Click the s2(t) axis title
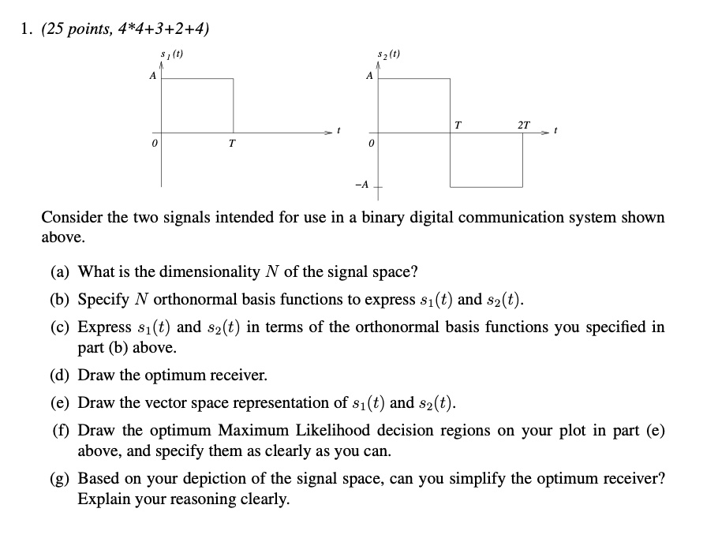click(390, 55)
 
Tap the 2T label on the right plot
click(524, 125)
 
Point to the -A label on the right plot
click(361, 185)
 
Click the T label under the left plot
click(231, 144)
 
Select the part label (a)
click(61, 272)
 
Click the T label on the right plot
click(458, 125)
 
